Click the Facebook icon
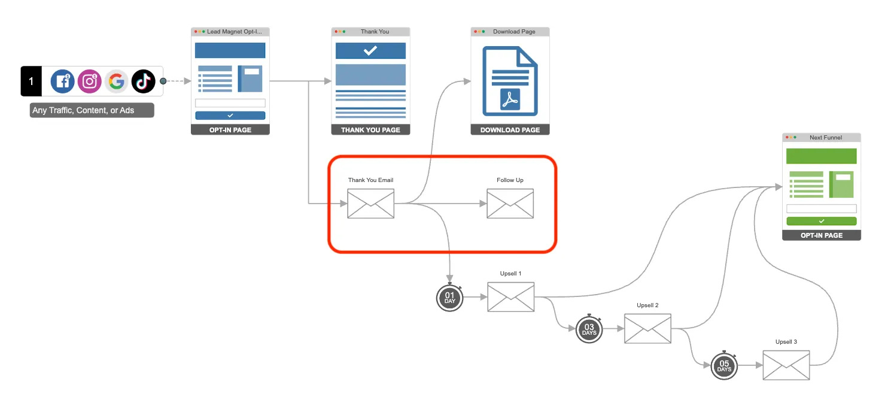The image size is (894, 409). tap(62, 81)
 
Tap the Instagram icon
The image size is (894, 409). tap(89, 81)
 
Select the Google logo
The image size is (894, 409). tap(116, 81)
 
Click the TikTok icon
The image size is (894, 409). tap(143, 81)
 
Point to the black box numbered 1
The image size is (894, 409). tap(31, 81)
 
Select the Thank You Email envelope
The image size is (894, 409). tap(371, 204)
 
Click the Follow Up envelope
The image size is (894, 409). tap(510, 204)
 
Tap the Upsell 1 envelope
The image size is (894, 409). tap(511, 297)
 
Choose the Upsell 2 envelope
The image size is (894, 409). tap(647, 329)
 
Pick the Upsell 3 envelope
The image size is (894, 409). tap(786, 365)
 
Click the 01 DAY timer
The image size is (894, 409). tap(450, 298)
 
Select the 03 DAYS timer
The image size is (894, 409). tap(589, 329)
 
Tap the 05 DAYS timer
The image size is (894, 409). tap(724, 366)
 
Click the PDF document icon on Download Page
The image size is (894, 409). tap(510, 81)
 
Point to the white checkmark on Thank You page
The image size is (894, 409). tap(370, 51)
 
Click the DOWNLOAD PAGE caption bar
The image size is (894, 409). tap(510, 130)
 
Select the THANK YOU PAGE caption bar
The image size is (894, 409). tap(370, 130)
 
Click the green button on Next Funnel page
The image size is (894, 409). tap(822, 222)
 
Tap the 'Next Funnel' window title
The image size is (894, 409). tap(826, 137)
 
